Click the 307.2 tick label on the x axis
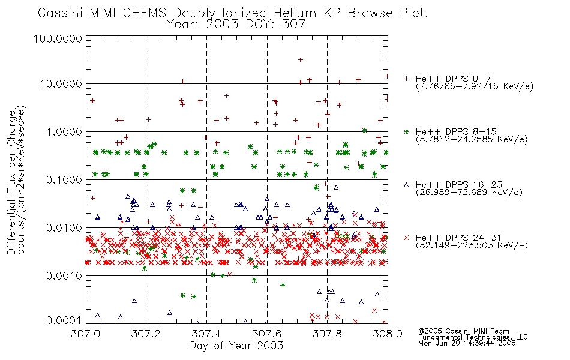(x=146, y=334)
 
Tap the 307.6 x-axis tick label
(x=267, y=334)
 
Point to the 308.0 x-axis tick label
(x=388, y=334)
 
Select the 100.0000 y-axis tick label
(x=58, y=38)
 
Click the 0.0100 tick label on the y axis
(x=64, y=228)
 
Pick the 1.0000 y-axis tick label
(x=64, y=131)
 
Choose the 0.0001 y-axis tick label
(x=64, y=320)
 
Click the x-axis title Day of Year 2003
(x=236, y=346)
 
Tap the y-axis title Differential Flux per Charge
(x=11, y=182)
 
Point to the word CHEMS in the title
(x=145, y=13)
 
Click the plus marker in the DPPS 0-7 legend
(x=406, y=79)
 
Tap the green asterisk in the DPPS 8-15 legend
(x=406, y=131)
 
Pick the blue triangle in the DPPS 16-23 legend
(x=406, y=185)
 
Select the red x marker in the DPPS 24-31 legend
(x=406, y=238)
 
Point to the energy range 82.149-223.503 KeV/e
(x=472, y=245)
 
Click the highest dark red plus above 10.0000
(x=300, y=60)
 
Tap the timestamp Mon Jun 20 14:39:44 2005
(x=467, y=343)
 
